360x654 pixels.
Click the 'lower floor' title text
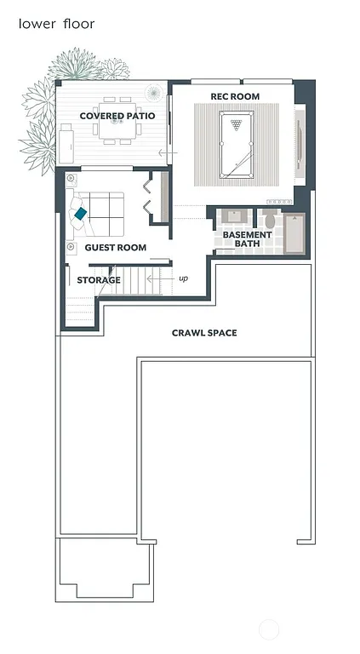coord(56,24)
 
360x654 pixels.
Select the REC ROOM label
coord(235,96)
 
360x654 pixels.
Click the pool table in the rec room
coord(234,144)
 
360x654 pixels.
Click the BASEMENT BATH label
coord(247,239)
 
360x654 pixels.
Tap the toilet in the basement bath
coord(270,219)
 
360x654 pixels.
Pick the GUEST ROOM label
coord(116,248)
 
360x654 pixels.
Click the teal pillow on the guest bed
coord(81,214)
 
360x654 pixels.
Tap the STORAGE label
coord(99,280)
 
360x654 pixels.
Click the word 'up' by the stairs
coord(183,278)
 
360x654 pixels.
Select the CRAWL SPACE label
coord(204,333)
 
